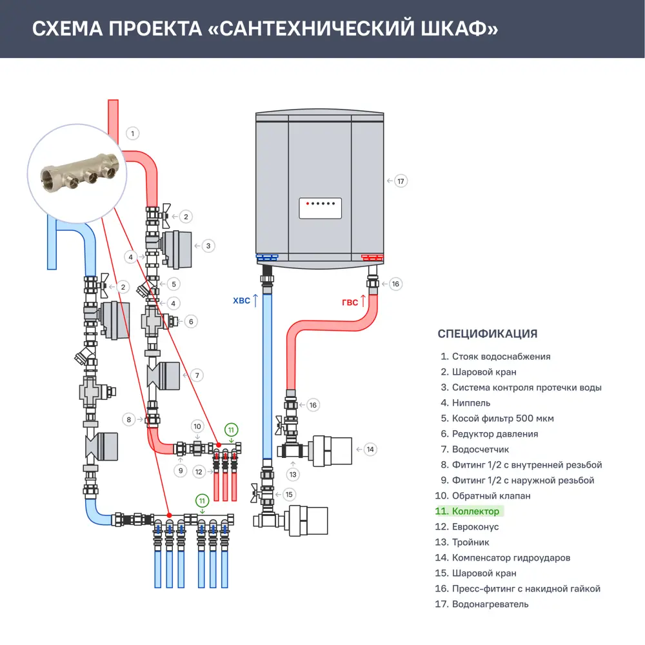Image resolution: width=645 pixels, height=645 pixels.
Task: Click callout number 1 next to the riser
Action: coord(132,134)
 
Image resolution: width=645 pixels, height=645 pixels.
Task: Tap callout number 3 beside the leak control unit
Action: coord(208,246)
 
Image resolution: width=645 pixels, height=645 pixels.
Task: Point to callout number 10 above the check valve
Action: coord(198,426)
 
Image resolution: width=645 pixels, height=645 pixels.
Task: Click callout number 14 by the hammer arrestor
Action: coord(370,450)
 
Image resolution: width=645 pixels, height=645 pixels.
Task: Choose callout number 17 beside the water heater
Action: coord(401,181)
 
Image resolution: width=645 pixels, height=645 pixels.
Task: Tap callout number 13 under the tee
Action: coord(294,475)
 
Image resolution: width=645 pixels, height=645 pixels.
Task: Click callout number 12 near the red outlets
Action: coord(199,472)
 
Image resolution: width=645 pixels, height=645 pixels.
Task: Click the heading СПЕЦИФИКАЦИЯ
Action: coord(487,333)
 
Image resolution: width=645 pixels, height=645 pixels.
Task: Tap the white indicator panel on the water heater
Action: coord(320,208)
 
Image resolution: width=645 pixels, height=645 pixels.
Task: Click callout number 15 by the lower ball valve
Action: coord(289,495)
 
